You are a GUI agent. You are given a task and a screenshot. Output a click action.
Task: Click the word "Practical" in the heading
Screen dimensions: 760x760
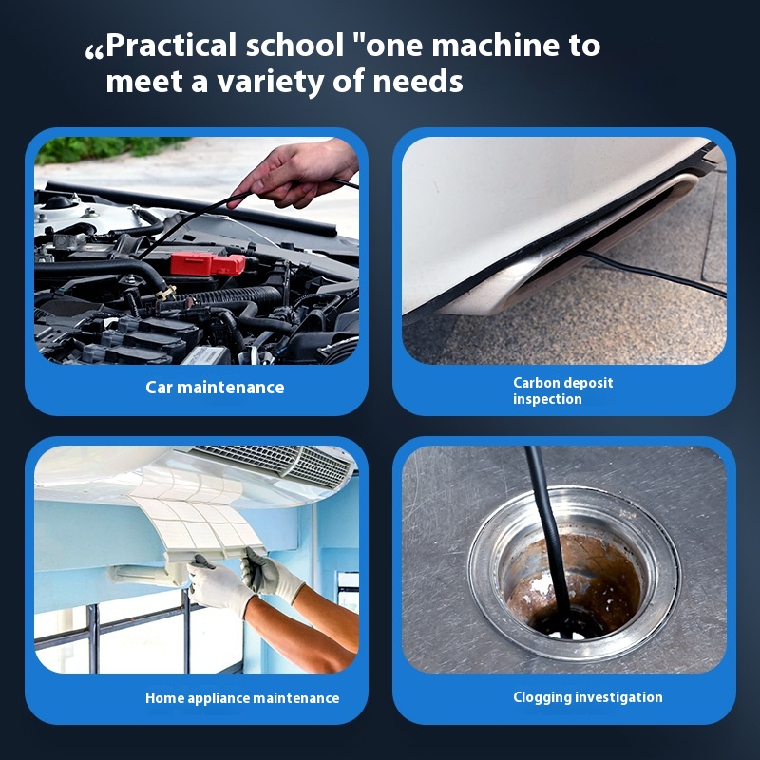pyautogui.click(x=171, y=47)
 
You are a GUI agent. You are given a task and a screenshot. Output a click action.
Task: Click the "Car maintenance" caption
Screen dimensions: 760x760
pyautogui.click(x=215, y=388)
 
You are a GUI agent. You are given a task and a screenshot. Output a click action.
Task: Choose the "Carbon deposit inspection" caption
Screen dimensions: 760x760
pyautogui.click(x=562, y=390)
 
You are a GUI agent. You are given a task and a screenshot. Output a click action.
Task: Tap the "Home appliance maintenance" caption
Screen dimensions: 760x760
pyautogui.click(x=242, y=698)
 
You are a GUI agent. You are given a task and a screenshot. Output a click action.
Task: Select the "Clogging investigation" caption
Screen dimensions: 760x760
pyautogui.click(x=587, y=697)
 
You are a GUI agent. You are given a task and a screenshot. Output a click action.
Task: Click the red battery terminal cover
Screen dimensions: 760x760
pyautogui.click(x=207, y=264)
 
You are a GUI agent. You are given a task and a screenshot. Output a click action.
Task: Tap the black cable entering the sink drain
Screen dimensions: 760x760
pyautogui.click(x=550, y=533)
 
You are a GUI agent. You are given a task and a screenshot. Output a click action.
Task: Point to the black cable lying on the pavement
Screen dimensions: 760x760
pyautogui.click(x=655, y=274)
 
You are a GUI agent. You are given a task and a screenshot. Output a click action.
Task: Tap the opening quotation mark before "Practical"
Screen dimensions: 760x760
pyautogui.click(x=94, y=52)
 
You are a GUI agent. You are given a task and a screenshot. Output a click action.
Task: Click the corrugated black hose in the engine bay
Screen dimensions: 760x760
pyautogui.click(x=228, y=295)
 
